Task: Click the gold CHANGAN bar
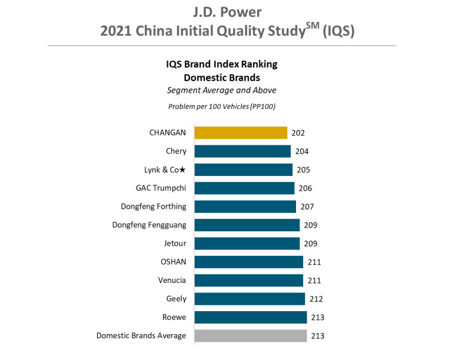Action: pos(241,133)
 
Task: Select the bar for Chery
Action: pos(242,151)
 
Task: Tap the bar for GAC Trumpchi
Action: pos(244,188)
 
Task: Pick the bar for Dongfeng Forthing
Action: pos(245,206)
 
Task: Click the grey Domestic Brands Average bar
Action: pos(251,336)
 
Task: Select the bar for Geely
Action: pos(250,299)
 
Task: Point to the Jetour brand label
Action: pos(175,243)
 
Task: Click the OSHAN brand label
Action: pos(173,262)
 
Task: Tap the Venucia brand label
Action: pos(172,280)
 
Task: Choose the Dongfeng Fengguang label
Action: pos(149,225)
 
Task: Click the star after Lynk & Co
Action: pos(182,170)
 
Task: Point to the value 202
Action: pos(298,133)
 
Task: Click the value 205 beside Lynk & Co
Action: pos(303,170)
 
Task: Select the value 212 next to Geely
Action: pos(316,299)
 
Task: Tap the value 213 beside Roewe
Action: pos(317,318)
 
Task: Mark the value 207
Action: pos(307,206)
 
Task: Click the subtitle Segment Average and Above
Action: pos(221,90)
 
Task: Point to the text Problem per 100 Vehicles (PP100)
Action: pos(221,106)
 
